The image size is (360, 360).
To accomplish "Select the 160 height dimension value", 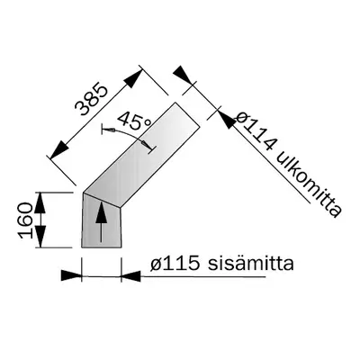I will click(26, 219).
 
